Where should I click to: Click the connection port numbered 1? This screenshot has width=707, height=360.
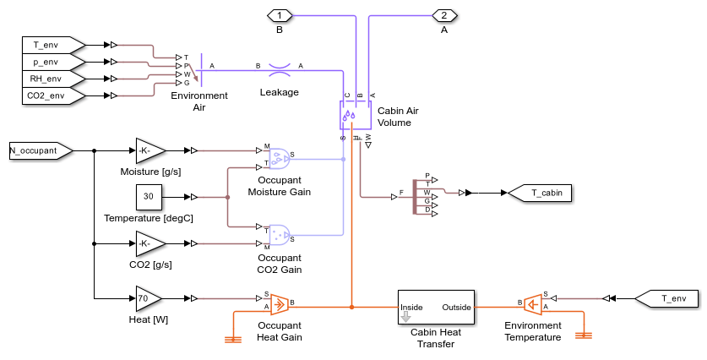(280, 14)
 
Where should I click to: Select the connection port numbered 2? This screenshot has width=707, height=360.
(444, 14)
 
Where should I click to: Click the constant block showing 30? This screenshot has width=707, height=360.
(149, 197)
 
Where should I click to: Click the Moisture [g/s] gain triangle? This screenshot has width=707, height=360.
(148, 151)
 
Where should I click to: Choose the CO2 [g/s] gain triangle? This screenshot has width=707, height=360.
(148, 244)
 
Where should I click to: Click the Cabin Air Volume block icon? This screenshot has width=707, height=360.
(349, 113)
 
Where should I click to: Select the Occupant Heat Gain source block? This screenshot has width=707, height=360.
(277, 302)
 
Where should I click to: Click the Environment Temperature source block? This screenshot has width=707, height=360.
(532, 302)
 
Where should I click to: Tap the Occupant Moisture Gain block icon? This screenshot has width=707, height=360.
(277, 155)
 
